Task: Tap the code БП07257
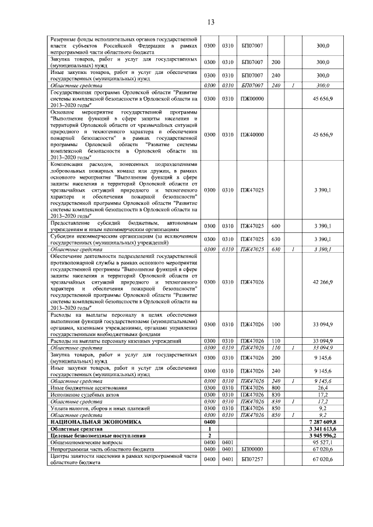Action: (253, 460)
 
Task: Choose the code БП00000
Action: (253, 450)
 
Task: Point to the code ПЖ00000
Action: (253, 99)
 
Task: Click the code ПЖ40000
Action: (253, 135)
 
